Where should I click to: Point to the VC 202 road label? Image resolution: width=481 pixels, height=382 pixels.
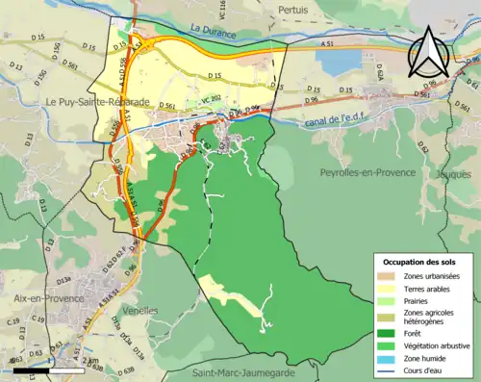pyautogui.click(x=210, y=98)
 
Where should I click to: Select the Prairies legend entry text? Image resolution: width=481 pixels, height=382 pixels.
pyautogui.click(x=418, y=300)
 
